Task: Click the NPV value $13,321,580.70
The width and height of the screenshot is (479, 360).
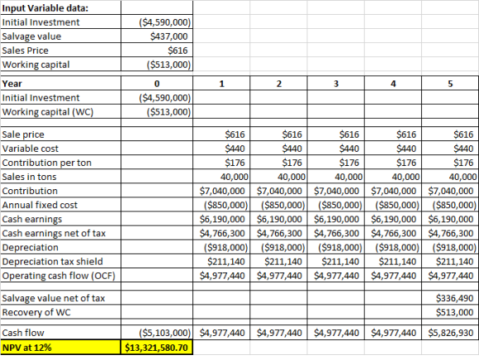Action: (156, 348)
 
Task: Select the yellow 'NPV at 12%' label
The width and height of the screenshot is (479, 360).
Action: (27, 348)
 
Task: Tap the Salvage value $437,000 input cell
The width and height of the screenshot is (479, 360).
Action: (169, 36)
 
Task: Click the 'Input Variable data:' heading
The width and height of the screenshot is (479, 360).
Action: (45, 8)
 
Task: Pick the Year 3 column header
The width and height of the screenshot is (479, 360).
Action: (336, 83)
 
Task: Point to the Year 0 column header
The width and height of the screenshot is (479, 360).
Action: (157, 83)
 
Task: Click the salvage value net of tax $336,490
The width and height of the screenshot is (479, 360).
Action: (454, 298)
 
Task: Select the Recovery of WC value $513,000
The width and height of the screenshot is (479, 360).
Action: (454, 312)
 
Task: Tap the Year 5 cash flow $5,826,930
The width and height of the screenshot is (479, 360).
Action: (451, 333)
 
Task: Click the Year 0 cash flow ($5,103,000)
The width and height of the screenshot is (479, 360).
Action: (165, 333)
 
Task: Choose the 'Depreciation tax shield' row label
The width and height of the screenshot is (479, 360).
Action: (52, 262)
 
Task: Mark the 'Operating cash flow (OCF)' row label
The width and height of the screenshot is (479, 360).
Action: (59, 276)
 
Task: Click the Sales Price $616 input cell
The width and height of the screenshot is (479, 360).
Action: (178, 50)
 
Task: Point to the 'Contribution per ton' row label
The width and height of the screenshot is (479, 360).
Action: (47, 163)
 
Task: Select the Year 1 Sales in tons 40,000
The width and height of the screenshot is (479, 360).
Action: (235, 177)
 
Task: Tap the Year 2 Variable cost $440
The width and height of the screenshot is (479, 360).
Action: (292, 149)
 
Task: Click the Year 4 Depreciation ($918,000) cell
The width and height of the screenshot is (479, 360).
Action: (397, 248)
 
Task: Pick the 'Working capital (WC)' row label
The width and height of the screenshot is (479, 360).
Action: (48, 112)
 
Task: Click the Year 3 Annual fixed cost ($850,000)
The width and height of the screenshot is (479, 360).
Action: (340, 205)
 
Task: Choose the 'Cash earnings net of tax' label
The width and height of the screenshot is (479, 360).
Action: (54, 234)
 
